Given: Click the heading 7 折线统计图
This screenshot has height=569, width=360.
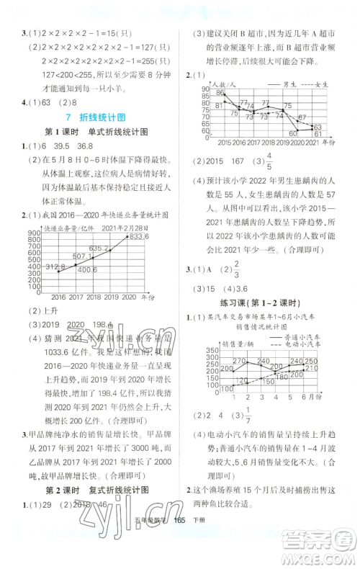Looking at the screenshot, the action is pyautogui.click(x=91, y=117).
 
